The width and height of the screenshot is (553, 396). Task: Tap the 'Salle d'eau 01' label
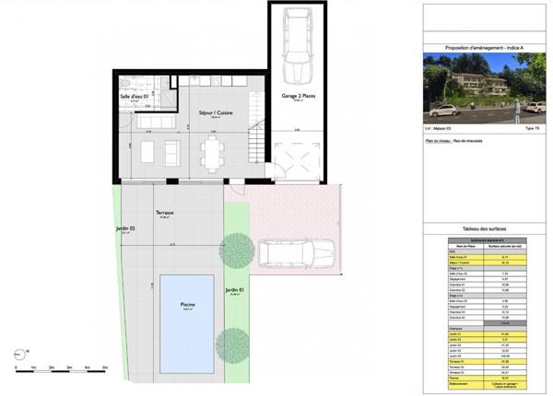[x=134, y=97]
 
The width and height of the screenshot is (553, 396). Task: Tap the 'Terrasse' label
[x=167, y=213]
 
